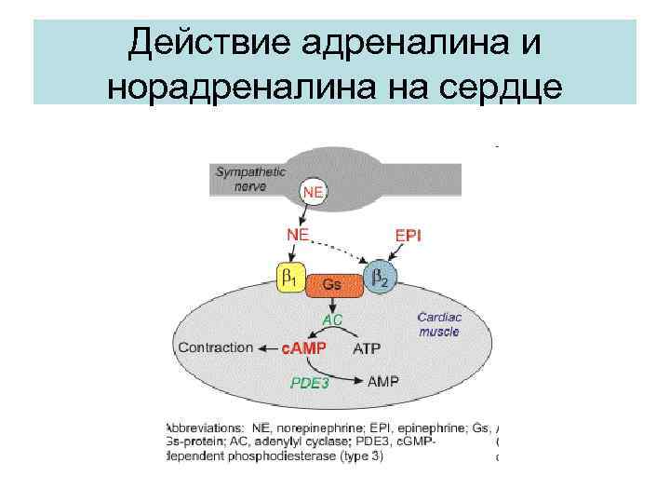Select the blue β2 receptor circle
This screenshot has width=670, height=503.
(x=380, y=278)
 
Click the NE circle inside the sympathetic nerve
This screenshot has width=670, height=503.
(x=315, y=193)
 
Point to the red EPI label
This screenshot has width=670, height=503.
(x=409, y=237)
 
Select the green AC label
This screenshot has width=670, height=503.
(x=332, y=319)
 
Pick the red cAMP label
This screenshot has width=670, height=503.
(x=304, y=349)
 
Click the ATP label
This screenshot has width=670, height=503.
(x=367, y=349)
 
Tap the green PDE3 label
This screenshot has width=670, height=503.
(x=310, y=383)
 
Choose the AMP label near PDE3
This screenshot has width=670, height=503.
(x=384, y=382)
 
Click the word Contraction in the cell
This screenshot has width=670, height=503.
(x=215, y=347)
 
